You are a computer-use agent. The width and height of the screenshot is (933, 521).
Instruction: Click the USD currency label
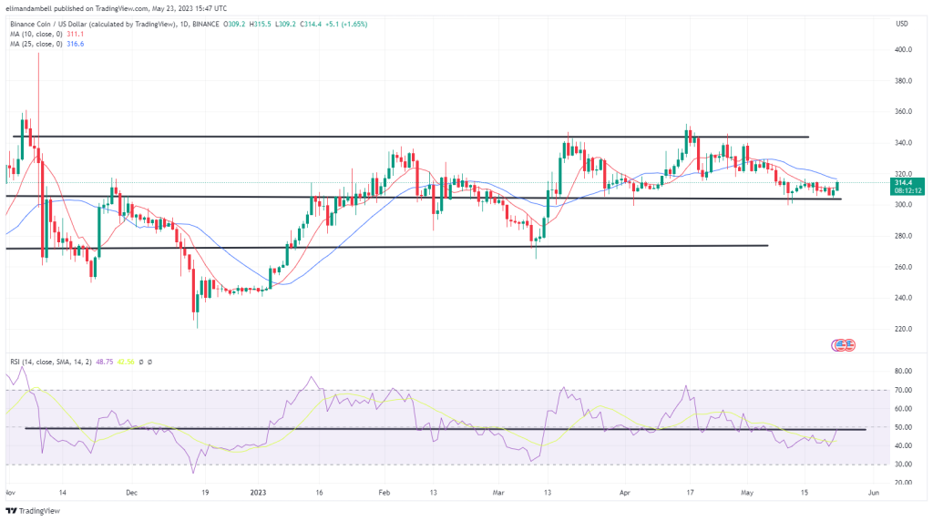click(902, 23)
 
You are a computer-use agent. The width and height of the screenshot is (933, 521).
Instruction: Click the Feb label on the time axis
click(384, 493)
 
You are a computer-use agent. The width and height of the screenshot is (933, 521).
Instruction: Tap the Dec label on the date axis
click(131, 493)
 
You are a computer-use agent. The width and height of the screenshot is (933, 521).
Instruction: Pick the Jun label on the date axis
click(873, 493)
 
